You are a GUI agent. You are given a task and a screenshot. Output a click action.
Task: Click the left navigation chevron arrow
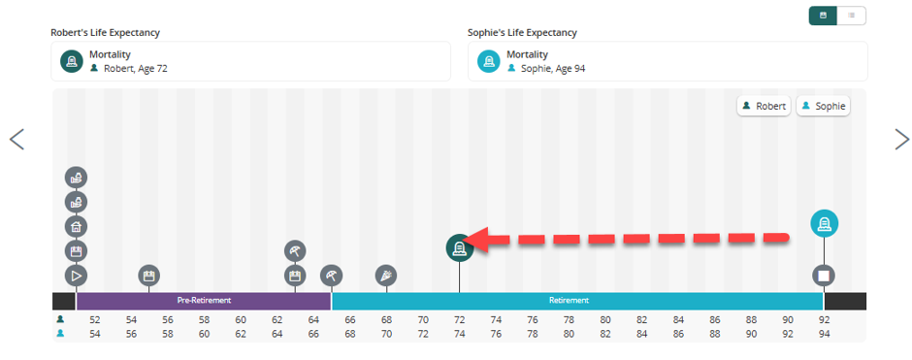pos(16,139)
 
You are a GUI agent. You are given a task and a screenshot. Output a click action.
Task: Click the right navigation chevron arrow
pos(901,139)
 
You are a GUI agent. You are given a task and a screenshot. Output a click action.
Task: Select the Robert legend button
pos(764,107)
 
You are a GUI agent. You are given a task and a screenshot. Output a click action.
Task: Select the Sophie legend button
pos(823,107)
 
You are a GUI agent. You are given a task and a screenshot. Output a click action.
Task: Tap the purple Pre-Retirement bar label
pos(204,301)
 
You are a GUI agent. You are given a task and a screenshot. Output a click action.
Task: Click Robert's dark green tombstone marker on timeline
pos(460,248)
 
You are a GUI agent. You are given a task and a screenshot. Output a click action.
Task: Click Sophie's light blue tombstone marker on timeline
pos(824,224)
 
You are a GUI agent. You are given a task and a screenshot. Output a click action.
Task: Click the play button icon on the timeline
pos(76,276)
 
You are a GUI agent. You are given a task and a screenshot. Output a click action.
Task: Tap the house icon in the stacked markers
pos(76,226)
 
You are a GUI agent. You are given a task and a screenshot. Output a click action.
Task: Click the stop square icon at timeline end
pos(824,275)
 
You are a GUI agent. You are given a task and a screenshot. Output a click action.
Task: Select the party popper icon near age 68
pos(386,276)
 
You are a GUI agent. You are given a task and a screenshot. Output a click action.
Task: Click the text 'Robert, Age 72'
pos(136,68)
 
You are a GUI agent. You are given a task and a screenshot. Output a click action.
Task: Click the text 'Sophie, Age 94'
pos(553,68)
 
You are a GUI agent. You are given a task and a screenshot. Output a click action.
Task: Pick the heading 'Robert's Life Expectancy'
pos(106,33)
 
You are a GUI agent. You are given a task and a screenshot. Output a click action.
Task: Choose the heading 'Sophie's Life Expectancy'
pos(522,33)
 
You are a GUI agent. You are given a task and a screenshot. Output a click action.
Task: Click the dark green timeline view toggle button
pos(823,16)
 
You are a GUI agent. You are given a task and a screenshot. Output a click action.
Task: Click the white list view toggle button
pos(852,16)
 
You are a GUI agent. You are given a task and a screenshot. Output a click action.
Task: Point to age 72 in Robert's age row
pos(460,320)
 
